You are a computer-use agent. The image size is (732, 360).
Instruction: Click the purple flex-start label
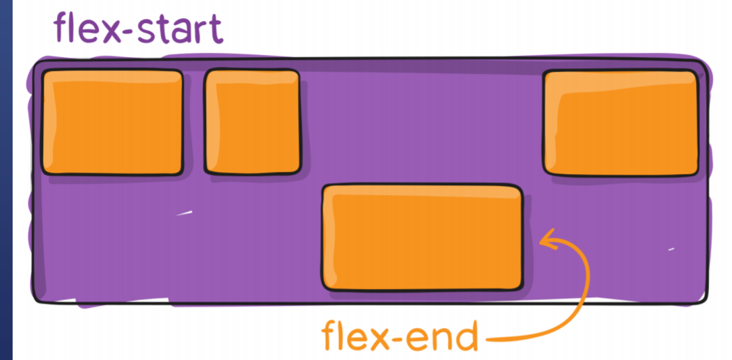tap(139, 30)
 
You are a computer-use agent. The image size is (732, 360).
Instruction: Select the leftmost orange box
tap(112, 122)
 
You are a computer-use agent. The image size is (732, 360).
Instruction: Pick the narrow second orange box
tap(252, 122)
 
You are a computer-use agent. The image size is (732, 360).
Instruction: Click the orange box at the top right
tap(621, 123)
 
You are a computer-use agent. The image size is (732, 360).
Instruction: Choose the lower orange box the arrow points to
tap(422, 237)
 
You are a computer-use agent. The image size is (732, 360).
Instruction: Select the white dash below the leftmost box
tap(184, 212)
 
